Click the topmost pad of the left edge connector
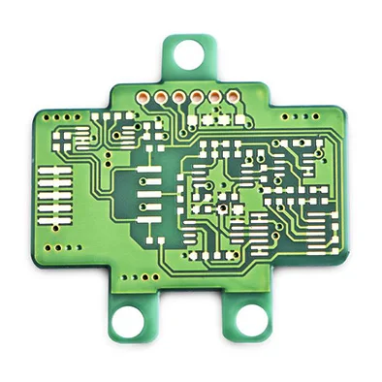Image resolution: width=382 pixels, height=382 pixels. click(x=54, y=170)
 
